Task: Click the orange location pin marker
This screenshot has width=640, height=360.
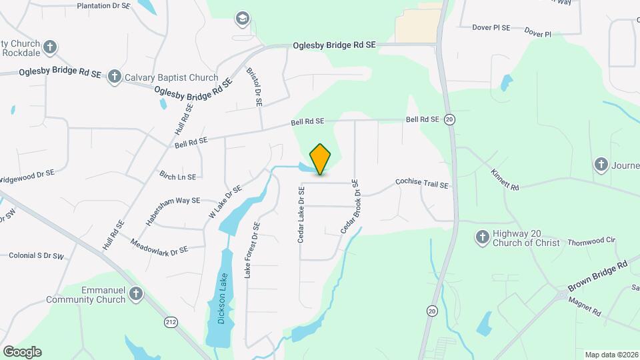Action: click(x=320, y=159)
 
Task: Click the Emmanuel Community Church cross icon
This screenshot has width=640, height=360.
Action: click(x=135, y=294)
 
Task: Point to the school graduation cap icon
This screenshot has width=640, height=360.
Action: click(x=243, y=18)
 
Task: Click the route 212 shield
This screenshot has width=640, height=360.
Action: click(x=171, y=322)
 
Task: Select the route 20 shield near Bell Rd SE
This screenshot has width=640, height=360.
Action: click(x=450, y=119)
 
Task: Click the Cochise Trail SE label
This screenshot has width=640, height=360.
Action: click(x=422, y=181)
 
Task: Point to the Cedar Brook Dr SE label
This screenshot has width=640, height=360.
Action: click(x=350, y=206)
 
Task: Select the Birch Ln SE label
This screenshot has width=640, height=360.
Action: click(x=177, y=177)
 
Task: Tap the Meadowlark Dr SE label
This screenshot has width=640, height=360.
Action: click(x=159, y=247)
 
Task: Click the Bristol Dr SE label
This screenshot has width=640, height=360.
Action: click(x=255, y=87)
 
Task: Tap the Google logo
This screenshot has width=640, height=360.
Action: click(x=22, y=352)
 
